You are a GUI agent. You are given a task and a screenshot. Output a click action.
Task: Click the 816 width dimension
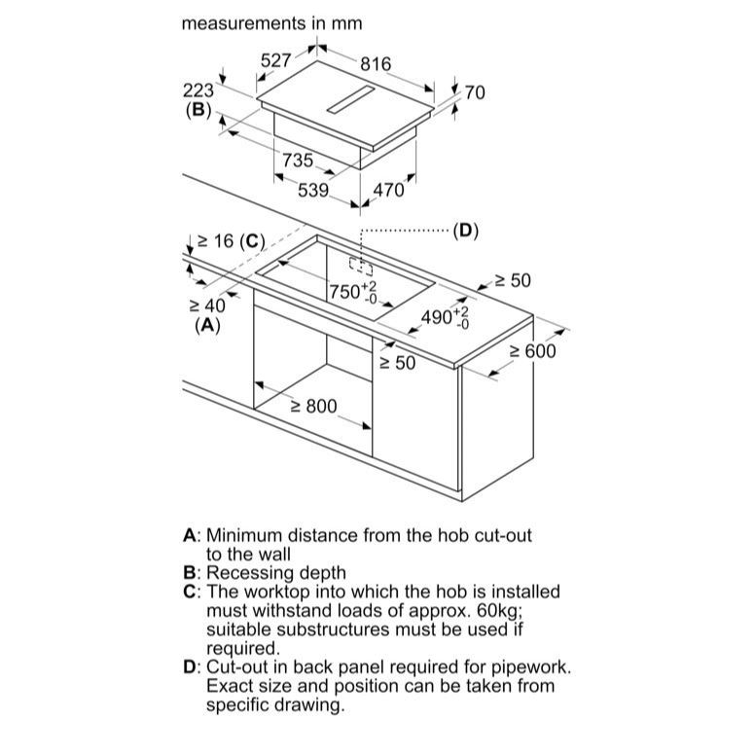point(376,64)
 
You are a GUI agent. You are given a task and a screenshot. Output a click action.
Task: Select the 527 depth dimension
point(276,60)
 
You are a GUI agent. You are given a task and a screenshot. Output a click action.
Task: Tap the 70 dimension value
point(475,93)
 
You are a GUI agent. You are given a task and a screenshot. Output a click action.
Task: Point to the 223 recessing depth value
point(198,90)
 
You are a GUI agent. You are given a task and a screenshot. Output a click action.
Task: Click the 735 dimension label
point(298,161)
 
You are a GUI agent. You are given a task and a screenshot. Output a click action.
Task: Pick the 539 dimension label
point(313,191)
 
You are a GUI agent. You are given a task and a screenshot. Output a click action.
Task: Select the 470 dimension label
point(388,191)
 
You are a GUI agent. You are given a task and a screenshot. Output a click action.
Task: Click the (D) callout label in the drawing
point(466,232)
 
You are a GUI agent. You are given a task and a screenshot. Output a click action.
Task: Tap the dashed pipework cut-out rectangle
point(361,266)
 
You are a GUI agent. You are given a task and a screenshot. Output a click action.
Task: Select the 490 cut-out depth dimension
point(445,317)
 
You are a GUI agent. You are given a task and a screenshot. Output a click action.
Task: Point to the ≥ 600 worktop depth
point(532,351)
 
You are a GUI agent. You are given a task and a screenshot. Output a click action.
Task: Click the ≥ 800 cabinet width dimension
point(314,407)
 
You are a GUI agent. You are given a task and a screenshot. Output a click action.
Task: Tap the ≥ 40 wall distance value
point(207,306)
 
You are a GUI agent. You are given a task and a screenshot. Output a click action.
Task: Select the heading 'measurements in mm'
point(271,23)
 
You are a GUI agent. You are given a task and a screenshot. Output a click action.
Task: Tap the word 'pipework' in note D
point(530,667)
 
